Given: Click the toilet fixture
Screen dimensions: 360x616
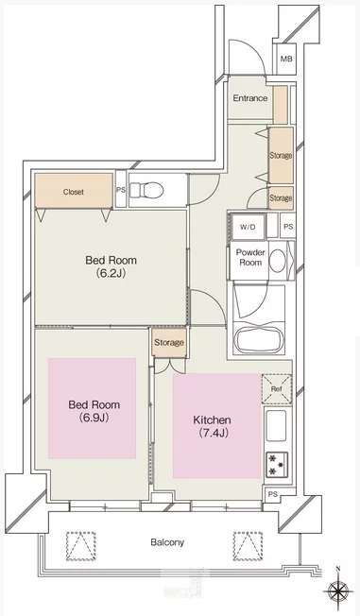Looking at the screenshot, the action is [146, 191].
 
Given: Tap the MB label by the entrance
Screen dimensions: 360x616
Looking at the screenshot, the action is [286, 60].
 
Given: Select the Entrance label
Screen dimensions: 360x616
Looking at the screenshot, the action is [250, 98].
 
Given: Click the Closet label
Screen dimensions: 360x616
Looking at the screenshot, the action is [74, 192].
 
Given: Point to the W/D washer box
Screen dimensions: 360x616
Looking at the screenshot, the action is [248, 227].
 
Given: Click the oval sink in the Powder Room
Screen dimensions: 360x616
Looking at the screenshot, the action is [278, 260].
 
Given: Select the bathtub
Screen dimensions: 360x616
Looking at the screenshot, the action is [259, 338].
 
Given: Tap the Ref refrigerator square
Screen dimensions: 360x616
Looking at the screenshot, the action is [277, 389].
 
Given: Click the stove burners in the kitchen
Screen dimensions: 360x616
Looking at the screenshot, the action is [277, 465].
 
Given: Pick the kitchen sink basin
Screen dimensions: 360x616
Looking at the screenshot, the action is [276, 425].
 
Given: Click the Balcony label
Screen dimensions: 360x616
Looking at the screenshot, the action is [167, 542].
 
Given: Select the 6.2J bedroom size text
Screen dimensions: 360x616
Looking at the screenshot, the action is [111, 273].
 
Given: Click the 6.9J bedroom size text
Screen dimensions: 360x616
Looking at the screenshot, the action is [94, 418].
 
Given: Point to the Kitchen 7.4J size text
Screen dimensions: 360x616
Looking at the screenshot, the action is [212, 433].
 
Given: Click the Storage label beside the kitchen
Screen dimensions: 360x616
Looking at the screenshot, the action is [169, 343].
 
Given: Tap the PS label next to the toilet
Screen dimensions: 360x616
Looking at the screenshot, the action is [121, 189].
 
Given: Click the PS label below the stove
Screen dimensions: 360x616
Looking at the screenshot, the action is [273, 494].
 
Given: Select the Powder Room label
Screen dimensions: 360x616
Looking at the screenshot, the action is [250, 257].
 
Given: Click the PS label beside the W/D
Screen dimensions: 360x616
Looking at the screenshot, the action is [288, 227].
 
